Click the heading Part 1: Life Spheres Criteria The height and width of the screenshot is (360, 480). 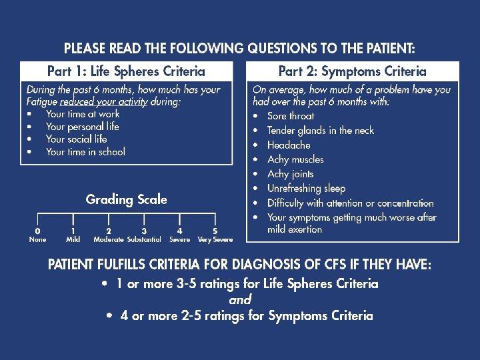click(126, 71)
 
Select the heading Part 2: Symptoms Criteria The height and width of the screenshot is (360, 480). click(352, 71)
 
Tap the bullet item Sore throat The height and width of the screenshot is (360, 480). click(291, 116)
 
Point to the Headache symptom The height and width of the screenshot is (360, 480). click(289, 145)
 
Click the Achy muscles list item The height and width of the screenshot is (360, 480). click(295, 159)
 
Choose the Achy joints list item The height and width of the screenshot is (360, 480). click(290, 174)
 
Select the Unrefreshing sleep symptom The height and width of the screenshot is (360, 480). click(306, 189)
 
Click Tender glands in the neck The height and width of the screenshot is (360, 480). click(321, 131)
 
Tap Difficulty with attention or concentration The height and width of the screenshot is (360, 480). click(350, 203)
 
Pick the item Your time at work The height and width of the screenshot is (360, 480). click(83, 114)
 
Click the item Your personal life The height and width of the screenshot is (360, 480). click(83, 127)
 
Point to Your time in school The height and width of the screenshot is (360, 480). click(85, 152)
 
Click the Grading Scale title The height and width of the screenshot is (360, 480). click(126, 199)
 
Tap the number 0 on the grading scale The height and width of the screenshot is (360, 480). click(37, 231)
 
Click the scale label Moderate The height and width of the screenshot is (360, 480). click(109, 239)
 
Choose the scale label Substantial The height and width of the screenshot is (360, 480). click(144, 239)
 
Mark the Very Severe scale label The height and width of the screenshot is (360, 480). click(215, 239)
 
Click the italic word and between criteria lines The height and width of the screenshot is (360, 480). click(240, 300)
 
